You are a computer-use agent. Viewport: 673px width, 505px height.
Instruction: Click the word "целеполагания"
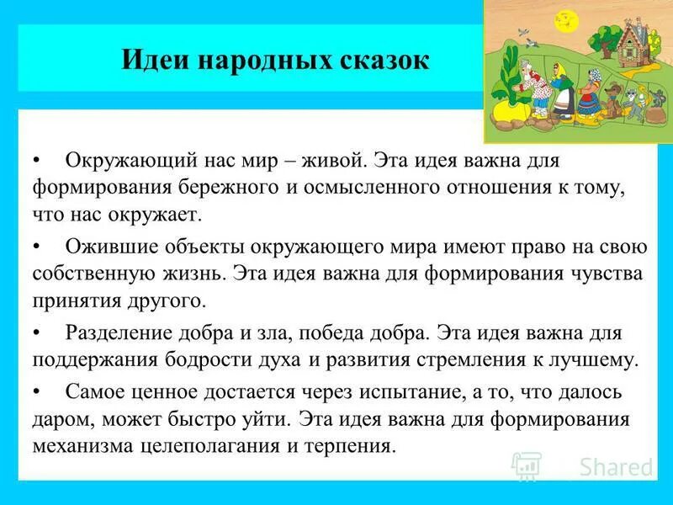193,445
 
